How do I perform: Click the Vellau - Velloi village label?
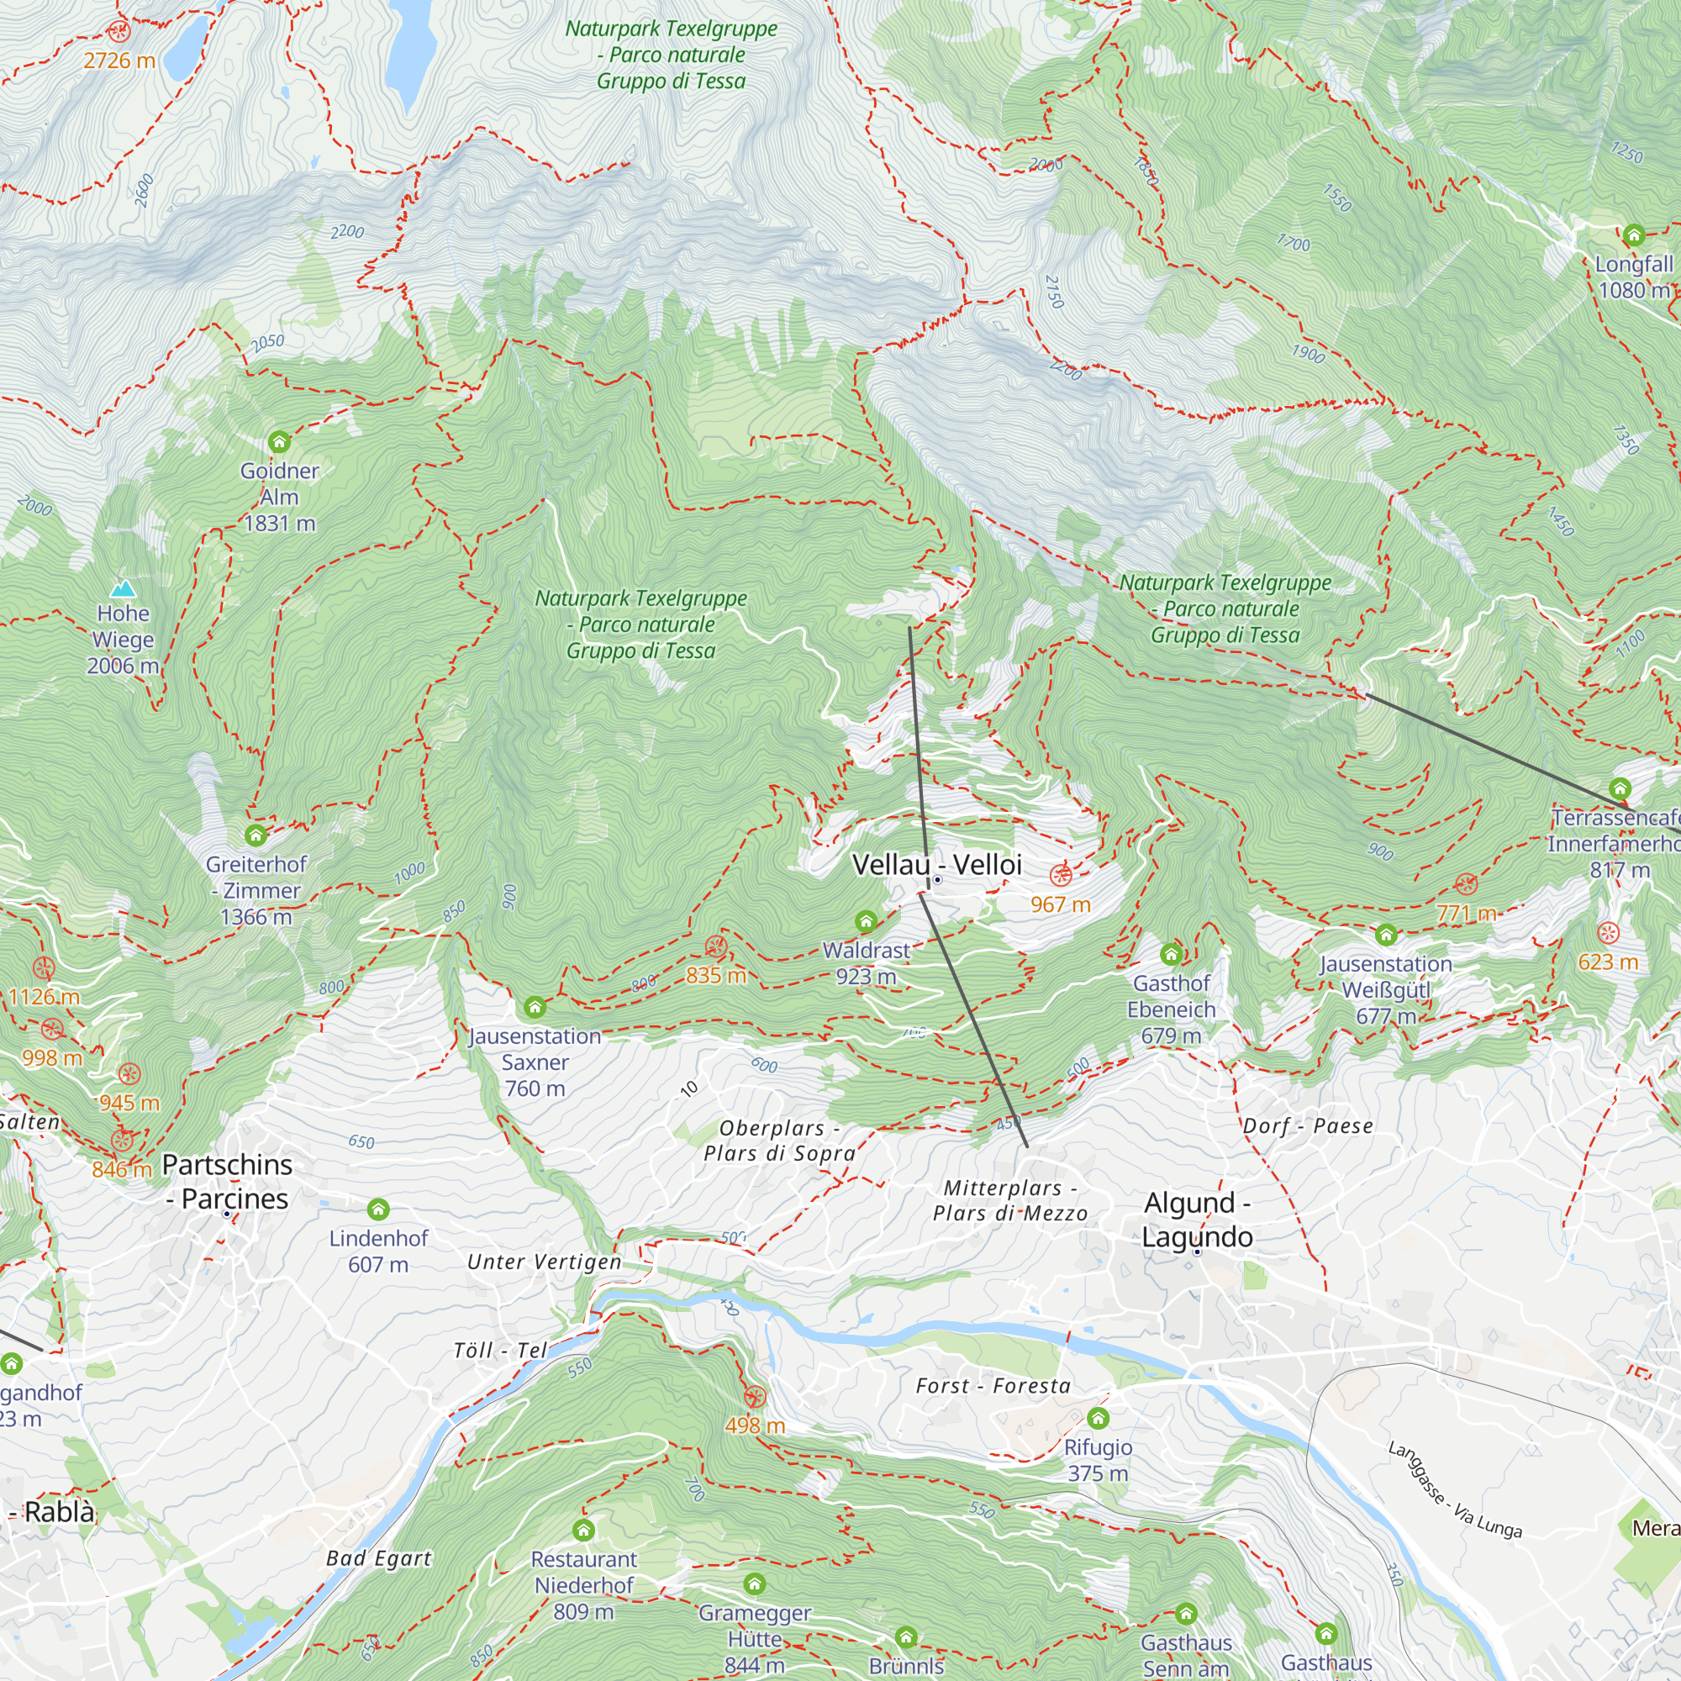tap(936, 864)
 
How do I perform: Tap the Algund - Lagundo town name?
tap(1197, 1219)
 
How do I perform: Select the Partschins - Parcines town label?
tap(227, 1181)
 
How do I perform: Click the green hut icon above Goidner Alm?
tap(278, 442)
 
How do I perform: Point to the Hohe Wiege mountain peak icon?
tap(124, 589)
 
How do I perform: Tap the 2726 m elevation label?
tap(119, 61)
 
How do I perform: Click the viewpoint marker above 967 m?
tap(1060, 875)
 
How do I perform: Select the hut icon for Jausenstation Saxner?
tap(535, 1008)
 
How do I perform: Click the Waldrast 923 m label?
tap(866, 963)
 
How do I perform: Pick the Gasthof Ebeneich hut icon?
tap(1171, 954)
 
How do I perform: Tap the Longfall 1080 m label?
tap(1633, 277)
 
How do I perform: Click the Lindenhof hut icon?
tap(377, 1209)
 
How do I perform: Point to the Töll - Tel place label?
tap(500, 1351)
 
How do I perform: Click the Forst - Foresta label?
tap(993, 1386)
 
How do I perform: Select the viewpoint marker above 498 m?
tap(755, 1398)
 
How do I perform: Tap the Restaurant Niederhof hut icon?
tap(584, 1530)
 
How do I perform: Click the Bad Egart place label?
tap(378, 1558)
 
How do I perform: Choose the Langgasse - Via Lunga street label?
tap(1454, 1489)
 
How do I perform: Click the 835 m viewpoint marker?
tap(715, 946)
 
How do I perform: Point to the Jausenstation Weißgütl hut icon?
tap(1386, 935)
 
